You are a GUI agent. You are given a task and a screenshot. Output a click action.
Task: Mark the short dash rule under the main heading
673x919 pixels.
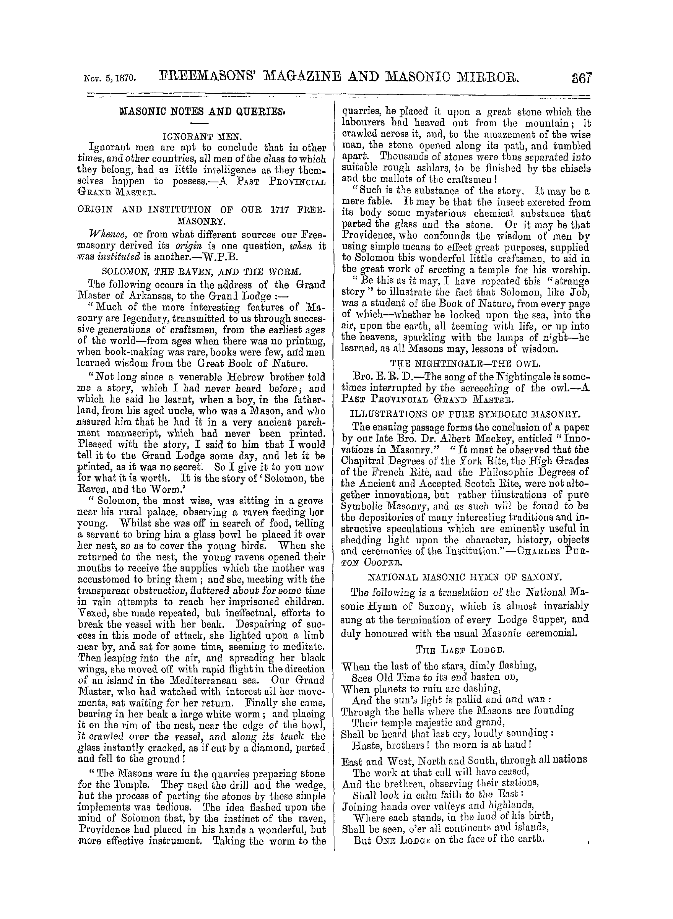201,123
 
